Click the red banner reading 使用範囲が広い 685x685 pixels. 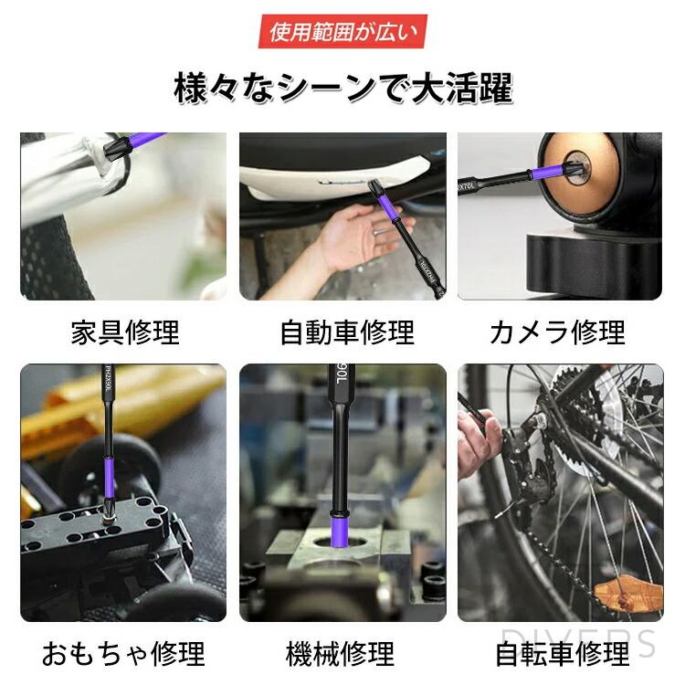click(x=342, y=32)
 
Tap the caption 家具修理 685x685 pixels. click(x=125, y=332)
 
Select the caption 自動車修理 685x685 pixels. click(x=346, y=332)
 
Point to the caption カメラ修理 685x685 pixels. click(x=558, y=332)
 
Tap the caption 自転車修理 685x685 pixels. click(x=562, y=654)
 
